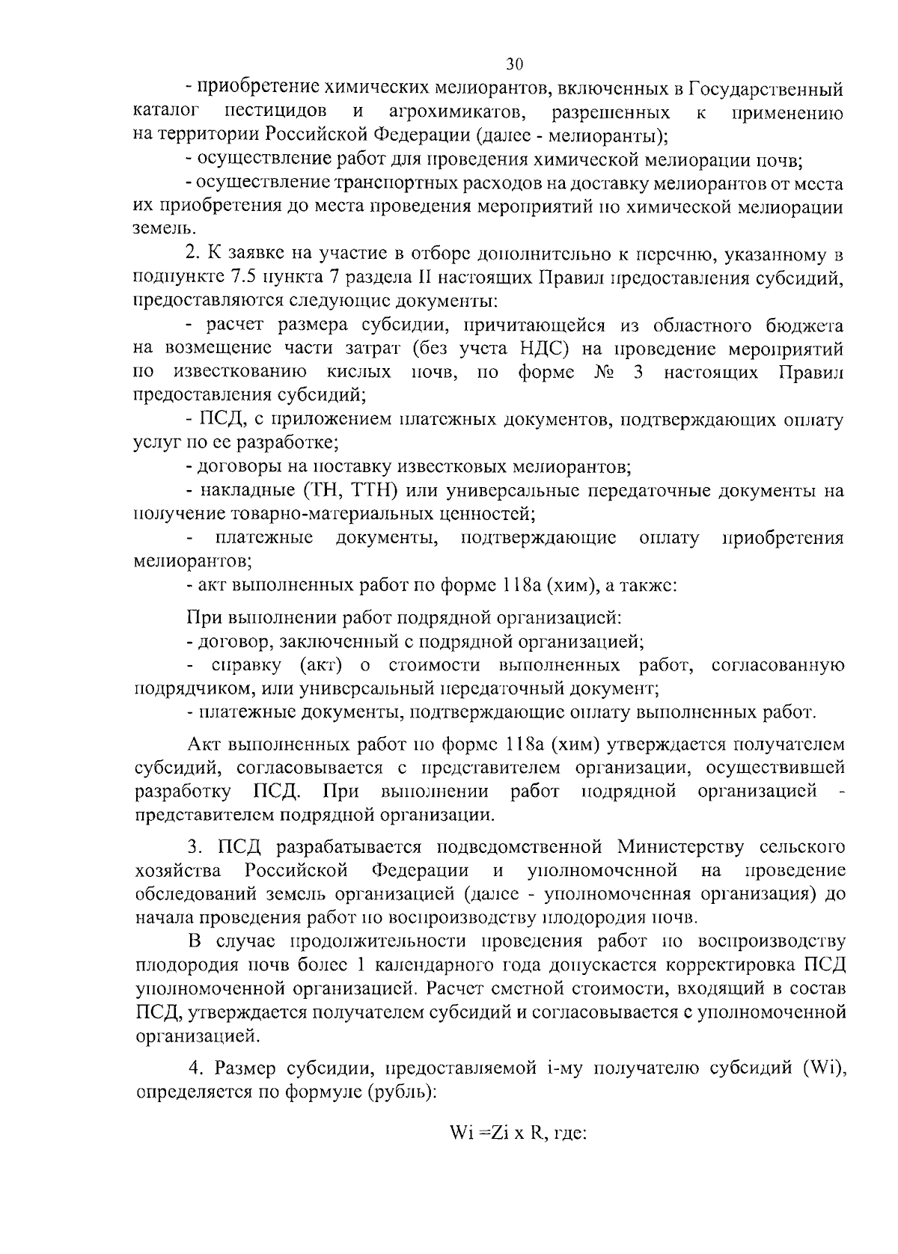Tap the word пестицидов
coord(275,113)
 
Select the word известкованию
coord(239,373)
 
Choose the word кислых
coord(358,373)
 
